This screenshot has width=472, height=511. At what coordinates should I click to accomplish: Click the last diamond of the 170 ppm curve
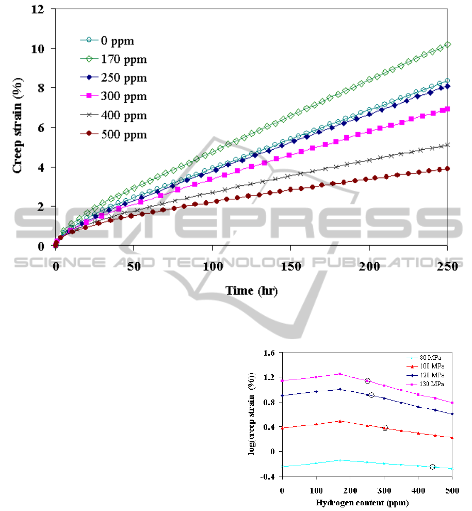[x=447, y=45]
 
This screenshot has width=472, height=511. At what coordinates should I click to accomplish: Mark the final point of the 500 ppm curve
[x=447, y=168]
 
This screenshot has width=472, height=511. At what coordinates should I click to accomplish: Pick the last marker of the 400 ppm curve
[x=447, y=145]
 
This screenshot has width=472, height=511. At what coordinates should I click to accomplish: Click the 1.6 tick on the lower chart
[x=270, y=353]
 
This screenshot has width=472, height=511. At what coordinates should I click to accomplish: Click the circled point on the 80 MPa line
[x=432, y=467]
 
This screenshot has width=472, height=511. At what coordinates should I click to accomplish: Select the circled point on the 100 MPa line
[x=385, y=428]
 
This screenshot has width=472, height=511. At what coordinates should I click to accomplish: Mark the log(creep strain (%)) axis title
[x=252, y=414]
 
